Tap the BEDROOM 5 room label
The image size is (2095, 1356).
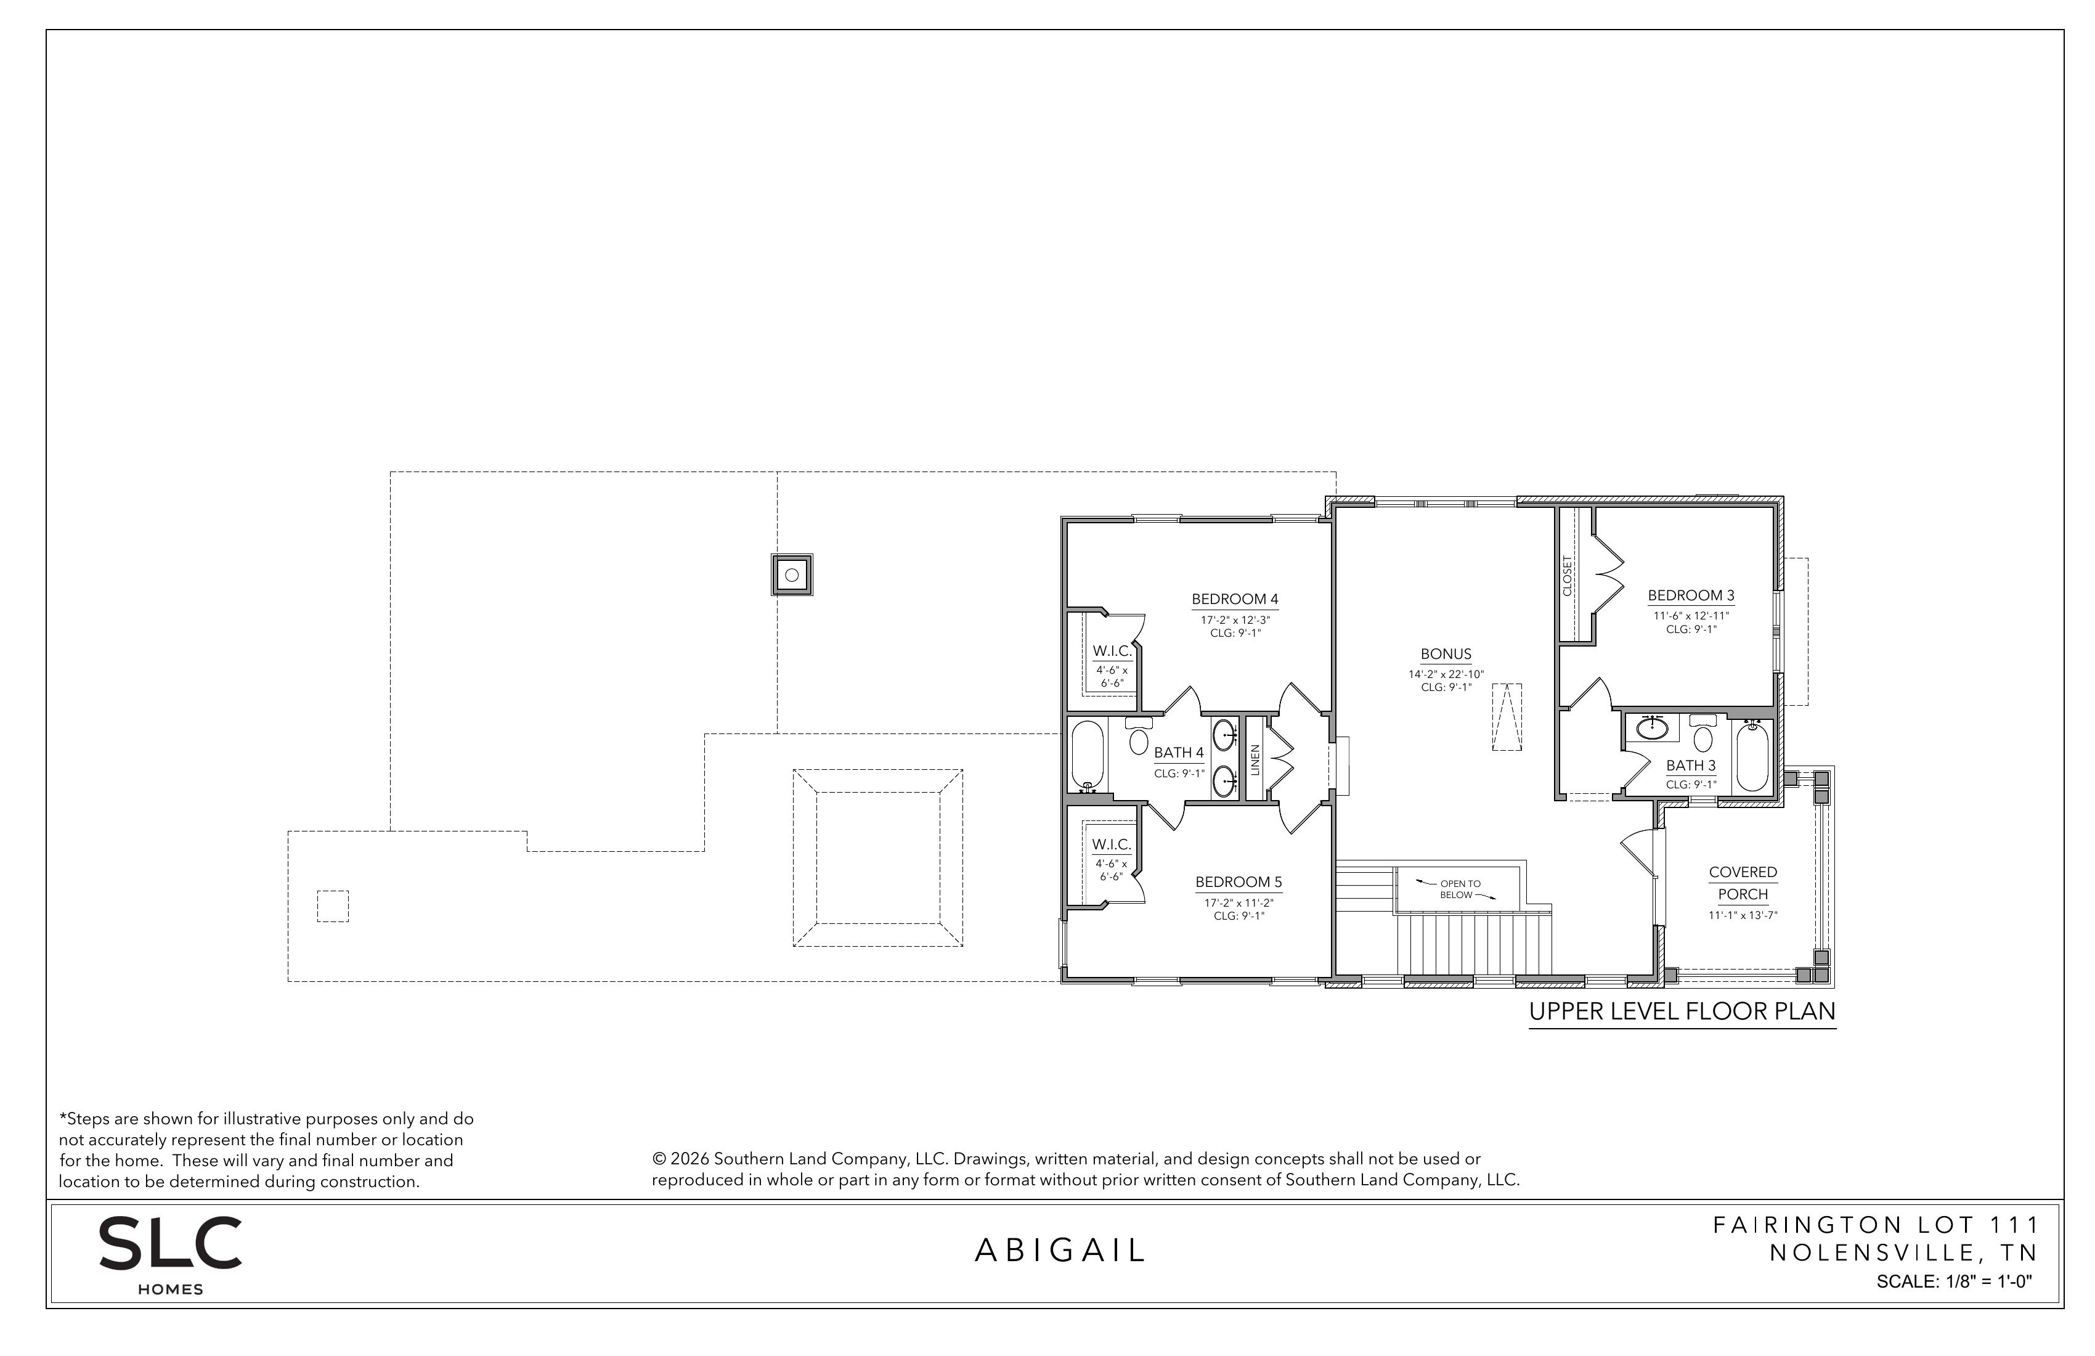coord(1239,882)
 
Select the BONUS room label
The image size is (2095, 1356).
coord(1446,654)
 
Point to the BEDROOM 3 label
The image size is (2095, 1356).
coord(1691,596)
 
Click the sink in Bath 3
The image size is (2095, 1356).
coord(1651,727)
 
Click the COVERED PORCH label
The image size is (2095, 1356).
coord(1743,883)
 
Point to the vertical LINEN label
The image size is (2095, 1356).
coord(1255,759)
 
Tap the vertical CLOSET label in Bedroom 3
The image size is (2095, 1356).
coord(1567,575)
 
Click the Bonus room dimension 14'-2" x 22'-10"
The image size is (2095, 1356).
coord(1446,674)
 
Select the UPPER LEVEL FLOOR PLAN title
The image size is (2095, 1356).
coord(1682,1011)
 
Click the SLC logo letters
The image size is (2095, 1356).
coord(170,1243)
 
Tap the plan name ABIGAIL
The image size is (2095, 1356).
coord(1060,1251)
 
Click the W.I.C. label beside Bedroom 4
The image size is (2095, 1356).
coord(1112,651)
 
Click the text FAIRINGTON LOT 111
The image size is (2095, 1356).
coord(1876,1225)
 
